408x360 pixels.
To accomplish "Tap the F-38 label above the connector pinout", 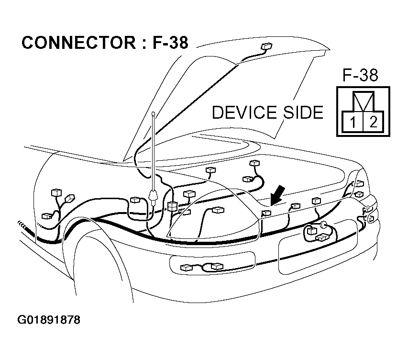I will pos(360,75).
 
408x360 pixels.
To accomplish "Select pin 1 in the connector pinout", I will pos(352,122).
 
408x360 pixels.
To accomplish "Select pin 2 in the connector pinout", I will pos(373,122).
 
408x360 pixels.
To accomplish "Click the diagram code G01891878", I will pos(49,319).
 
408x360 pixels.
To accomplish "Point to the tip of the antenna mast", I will pos(153,114).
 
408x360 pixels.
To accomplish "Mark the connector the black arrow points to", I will pos(266,213).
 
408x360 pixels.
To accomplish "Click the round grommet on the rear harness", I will pos(323,225).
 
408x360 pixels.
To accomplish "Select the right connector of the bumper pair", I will pos(217,266).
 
